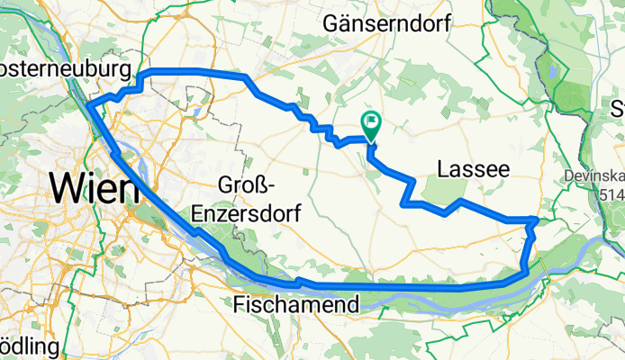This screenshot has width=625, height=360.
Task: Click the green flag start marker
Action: (x=370, y=123)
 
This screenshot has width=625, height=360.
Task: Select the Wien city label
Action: (x=95, y=188)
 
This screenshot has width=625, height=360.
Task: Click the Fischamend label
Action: (x=296, y=304)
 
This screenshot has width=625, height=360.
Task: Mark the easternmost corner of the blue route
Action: (x=537, y=219)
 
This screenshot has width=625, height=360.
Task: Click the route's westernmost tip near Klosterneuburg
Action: (x=88, y=106)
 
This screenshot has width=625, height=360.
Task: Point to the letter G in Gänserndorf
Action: (x=340, y=22)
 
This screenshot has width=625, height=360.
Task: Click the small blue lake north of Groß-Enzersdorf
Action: (x=195, y=112)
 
